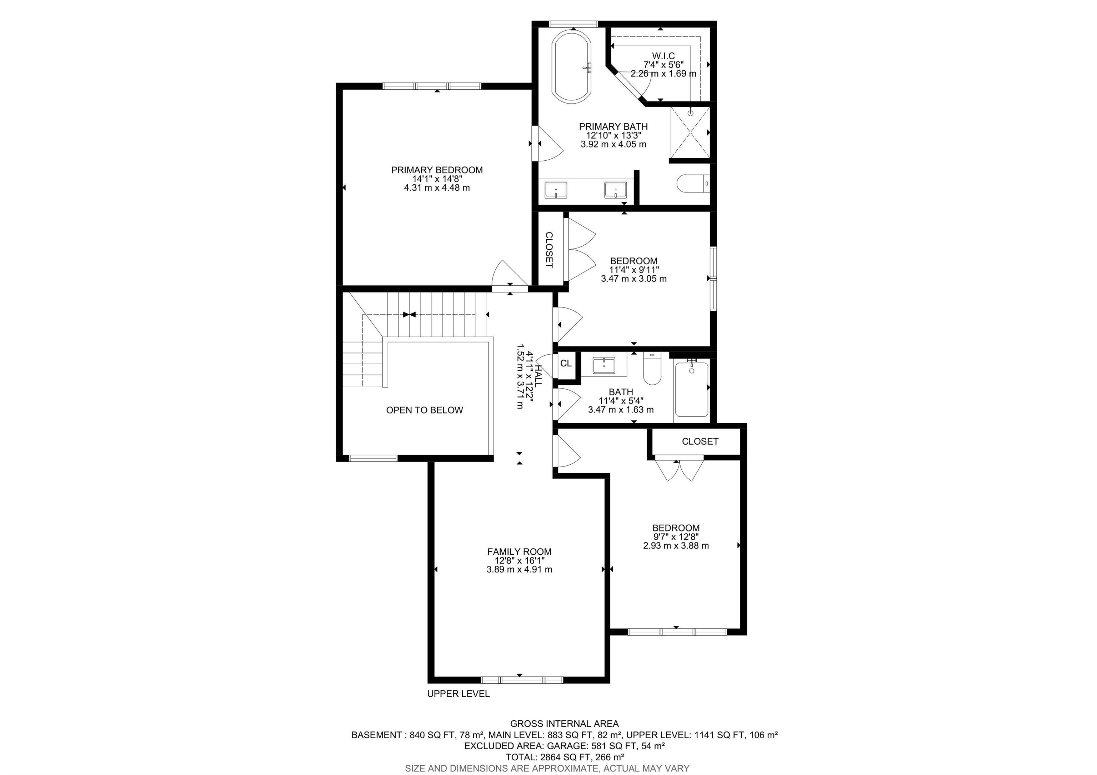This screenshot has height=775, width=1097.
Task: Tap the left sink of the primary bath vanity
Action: [556, 190]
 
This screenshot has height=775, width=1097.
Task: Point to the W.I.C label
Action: [663, 56]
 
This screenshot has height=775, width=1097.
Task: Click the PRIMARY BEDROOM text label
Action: [437, 170]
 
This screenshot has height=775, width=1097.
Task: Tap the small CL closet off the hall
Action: [566, 364]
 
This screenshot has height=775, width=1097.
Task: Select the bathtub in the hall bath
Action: [691, 389]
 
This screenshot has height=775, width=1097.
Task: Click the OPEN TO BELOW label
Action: [424, 410]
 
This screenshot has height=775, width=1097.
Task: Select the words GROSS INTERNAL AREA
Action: [564, 724]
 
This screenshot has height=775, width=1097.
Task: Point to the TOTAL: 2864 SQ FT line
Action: [564, 757]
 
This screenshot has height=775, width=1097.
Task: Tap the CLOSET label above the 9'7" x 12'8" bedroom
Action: [700, 441]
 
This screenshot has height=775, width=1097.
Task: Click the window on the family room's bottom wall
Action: [522, 679]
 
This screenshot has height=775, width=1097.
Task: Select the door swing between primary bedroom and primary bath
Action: [550, 144]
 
